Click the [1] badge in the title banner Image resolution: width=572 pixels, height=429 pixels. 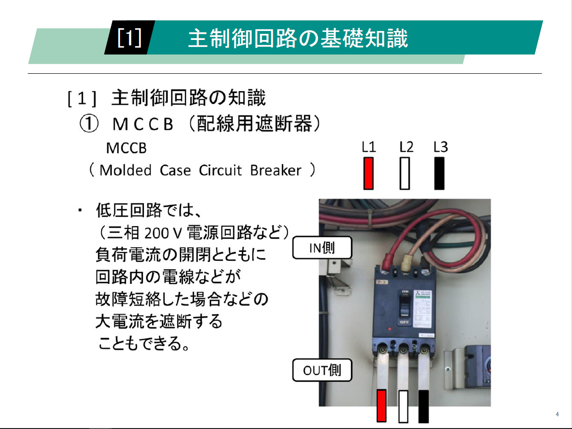pos(129,38)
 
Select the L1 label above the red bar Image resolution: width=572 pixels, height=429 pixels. pos(369,148)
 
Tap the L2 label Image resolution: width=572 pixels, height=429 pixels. pos(406,148)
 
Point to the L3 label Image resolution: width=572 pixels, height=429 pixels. pos(440,148)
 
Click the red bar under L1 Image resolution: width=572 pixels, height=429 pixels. pos(369,173)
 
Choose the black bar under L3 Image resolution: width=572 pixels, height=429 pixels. pos(439,173)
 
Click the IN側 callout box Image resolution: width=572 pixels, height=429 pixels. pos(322,248)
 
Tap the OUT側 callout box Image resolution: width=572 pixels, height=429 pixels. pos(322,370)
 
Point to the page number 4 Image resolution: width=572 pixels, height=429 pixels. pos(557,414)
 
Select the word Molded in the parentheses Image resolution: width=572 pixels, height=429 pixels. pos(126,170)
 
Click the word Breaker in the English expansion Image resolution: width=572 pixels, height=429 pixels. pos(276,170)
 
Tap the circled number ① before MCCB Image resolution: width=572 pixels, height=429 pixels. pos(88,124)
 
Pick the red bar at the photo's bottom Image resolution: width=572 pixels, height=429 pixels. pos(381,406)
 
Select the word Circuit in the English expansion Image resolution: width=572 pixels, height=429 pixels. pos(221,170)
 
